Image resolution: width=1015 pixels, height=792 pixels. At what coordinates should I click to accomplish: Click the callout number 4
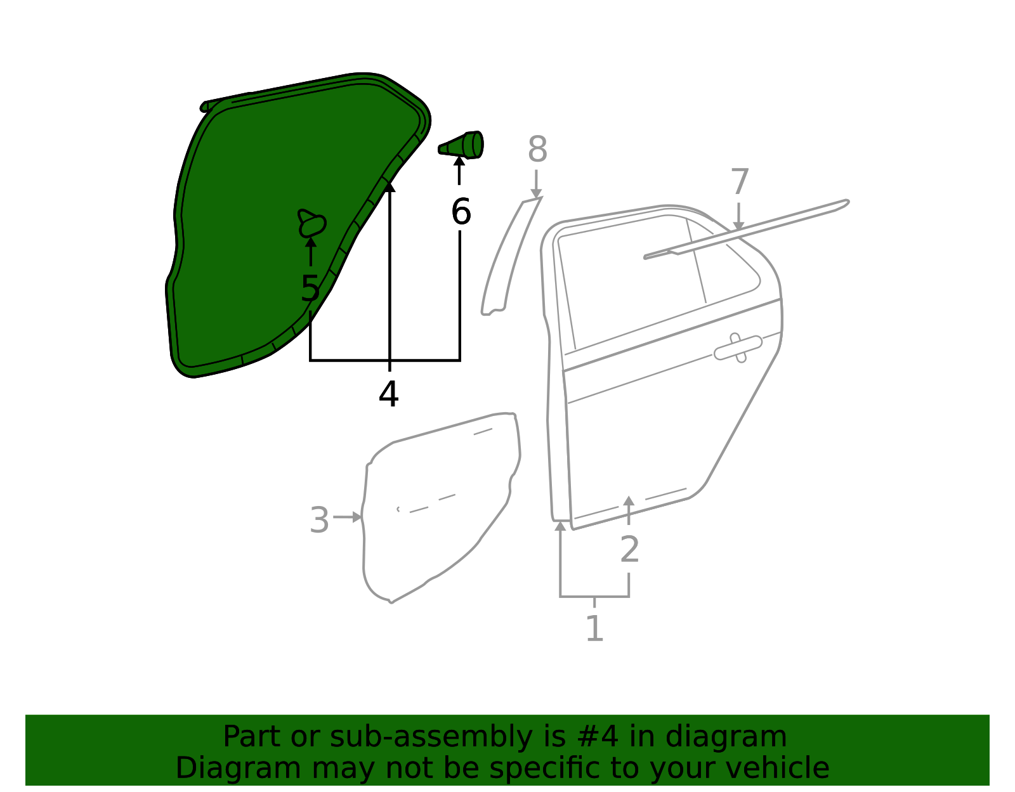389,394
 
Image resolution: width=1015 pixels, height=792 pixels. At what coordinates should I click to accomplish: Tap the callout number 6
461,212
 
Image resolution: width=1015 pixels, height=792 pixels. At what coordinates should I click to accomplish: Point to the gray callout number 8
537,149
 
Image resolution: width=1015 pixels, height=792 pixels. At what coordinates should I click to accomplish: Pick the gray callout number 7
740,181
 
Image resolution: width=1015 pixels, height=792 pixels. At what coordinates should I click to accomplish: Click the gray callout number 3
320,520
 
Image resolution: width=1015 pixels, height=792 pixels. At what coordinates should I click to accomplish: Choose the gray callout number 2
629,549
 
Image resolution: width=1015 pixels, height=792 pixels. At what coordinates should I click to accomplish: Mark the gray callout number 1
594,628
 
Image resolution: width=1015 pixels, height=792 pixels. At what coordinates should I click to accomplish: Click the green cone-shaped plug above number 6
461,145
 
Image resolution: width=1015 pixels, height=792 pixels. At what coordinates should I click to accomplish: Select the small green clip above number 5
312,223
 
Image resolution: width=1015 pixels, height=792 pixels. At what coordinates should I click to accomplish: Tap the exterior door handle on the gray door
738,347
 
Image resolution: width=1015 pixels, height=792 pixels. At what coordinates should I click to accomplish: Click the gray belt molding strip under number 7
747,229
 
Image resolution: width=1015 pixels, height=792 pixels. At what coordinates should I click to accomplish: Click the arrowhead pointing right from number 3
357,517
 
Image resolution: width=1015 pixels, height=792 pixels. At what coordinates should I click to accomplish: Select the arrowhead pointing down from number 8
536,193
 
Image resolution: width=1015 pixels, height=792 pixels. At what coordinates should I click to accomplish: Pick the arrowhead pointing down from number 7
738,226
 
